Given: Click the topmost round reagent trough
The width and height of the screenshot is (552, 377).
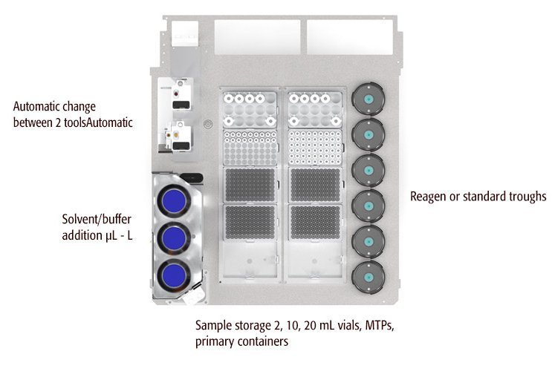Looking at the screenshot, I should point(367,99).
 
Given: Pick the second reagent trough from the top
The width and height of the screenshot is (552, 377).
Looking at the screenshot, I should point(367,134).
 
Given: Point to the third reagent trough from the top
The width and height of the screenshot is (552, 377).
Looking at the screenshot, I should point(367,170).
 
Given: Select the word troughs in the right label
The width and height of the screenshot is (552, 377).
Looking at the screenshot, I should point(526,197).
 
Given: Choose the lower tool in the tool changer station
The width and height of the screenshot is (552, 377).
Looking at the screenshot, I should point(179,137).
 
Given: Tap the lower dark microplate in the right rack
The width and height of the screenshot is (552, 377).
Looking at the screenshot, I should point(315,222).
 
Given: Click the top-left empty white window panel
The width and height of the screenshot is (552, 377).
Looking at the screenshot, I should point(257,34).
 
